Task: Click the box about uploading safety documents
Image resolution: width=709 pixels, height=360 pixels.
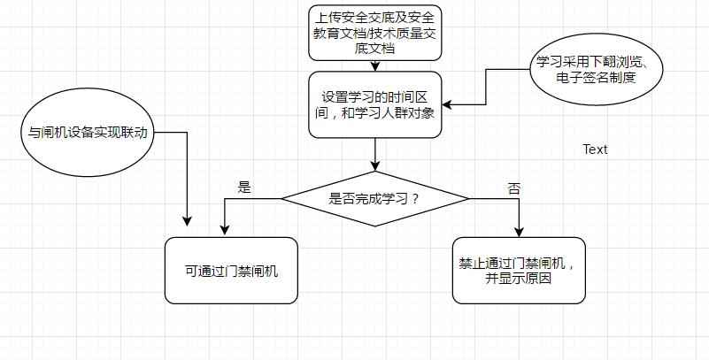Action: [x=375, y=32]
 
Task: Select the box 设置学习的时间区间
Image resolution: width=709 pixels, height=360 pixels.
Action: [x=375, y=104]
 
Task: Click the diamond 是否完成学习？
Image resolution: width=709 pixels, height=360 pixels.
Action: [x=375, y=198]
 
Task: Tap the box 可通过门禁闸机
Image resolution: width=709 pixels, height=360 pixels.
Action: [x=231, y=271]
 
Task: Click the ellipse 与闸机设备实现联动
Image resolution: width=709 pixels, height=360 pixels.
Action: [x=86, y=133]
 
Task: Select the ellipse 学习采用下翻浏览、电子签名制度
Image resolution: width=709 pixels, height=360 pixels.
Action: [x=597, y=70]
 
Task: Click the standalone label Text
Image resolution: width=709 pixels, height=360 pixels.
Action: [x=595, y=149]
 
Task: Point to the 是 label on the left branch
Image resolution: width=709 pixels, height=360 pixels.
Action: [x=245, y=188]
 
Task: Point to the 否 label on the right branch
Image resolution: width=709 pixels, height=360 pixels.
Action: [x=513, y=188]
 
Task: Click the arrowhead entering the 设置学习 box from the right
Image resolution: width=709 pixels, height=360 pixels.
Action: [x=448, y=104]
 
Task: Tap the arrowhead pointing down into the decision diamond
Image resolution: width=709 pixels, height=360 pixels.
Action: [x=375, y=165]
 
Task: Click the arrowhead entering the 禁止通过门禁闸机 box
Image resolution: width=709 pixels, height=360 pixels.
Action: [x=520, y=231]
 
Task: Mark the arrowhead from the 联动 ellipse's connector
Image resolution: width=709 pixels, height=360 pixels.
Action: [x=188, y=221]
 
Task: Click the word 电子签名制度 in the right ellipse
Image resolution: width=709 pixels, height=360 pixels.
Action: [x=597, y=78]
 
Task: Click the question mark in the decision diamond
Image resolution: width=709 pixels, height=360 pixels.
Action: [x=415, y=199]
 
